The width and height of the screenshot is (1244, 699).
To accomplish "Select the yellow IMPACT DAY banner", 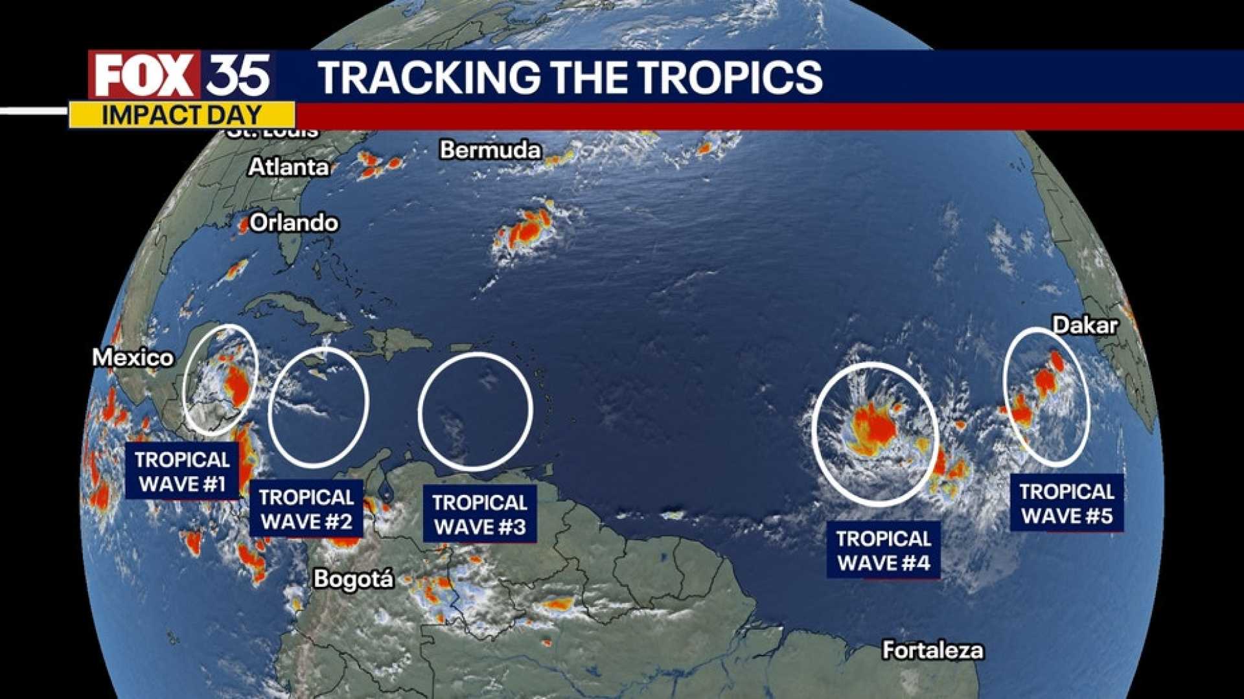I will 181,115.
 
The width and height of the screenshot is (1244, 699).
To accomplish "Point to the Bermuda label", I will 490,150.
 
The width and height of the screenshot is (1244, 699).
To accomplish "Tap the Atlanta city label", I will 289,167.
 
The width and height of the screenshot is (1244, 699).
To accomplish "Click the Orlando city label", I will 294,223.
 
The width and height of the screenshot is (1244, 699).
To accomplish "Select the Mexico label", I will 133,358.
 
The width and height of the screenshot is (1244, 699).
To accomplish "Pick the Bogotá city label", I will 353,579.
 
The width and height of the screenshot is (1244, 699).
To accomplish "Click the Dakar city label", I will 1085,325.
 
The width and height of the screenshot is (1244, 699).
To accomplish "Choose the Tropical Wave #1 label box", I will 182,472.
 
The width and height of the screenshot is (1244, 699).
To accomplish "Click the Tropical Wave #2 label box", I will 306,509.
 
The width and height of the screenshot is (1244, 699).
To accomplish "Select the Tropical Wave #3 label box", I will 479,514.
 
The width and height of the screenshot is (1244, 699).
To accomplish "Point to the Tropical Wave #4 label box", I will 884,551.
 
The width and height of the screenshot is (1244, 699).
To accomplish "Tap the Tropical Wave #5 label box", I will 1067,503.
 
